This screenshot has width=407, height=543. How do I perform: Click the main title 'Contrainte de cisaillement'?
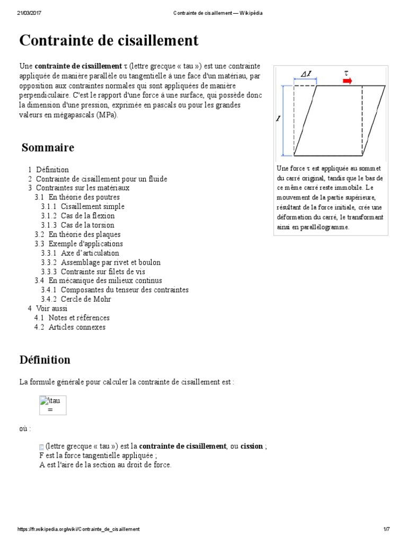[109, 40]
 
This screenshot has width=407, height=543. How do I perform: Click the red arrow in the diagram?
[347, 81]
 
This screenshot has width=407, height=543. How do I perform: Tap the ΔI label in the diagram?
[306, 74]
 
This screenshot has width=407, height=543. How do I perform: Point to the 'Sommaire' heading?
[48, 147]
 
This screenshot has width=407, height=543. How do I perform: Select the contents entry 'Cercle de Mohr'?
[86, 299]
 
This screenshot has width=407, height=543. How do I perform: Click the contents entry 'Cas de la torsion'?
[87, 225]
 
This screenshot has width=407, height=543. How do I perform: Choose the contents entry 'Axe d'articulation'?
[90, 253]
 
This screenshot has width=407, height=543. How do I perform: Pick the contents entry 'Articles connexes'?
[77, 327]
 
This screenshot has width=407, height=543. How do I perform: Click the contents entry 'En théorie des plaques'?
[84, 234]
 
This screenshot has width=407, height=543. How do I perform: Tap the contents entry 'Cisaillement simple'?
[93, 206]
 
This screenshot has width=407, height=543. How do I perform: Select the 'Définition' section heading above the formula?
[45, 360]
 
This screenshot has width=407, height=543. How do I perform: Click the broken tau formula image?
[52, 405]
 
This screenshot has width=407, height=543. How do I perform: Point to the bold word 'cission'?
[252, 446]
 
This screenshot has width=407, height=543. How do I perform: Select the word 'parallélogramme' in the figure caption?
[324, 227]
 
